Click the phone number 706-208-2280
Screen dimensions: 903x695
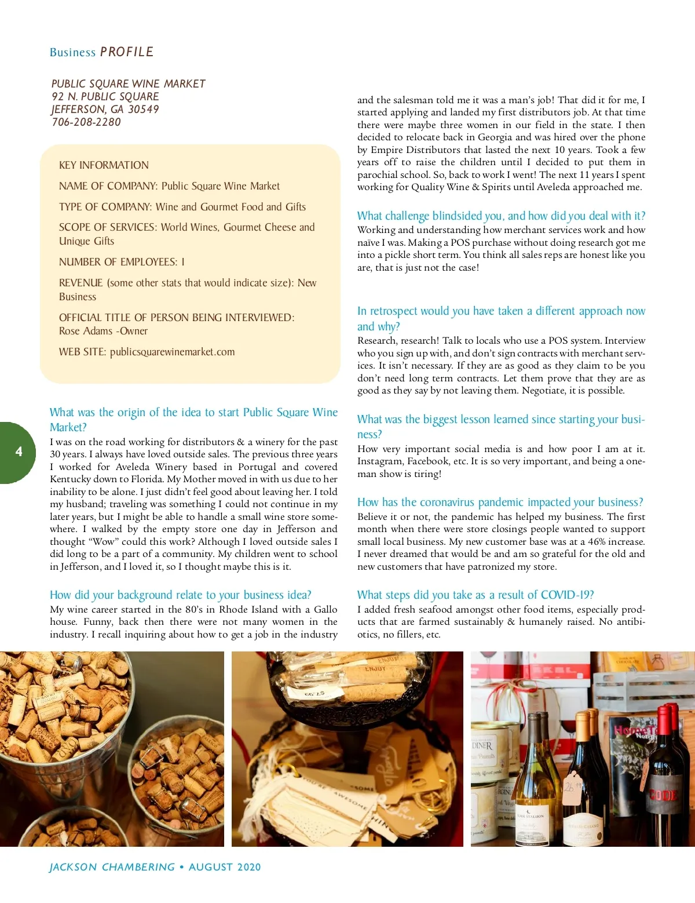pos(86,122)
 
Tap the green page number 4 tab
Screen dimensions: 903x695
pos(18,452)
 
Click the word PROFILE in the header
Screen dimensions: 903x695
pos(126,52)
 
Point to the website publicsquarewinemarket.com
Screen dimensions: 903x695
pos(172,352)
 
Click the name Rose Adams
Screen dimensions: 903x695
pos(86,331)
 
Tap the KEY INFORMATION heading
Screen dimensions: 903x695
pos(104,165)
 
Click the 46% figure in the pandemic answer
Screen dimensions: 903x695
pos(597,541)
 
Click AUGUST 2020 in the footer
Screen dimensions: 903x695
pos(225,867)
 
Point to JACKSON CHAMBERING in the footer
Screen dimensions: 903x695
pos(112,867)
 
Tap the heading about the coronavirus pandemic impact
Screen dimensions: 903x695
pos(500,502)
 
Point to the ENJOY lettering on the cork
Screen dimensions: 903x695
pos(375,668)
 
